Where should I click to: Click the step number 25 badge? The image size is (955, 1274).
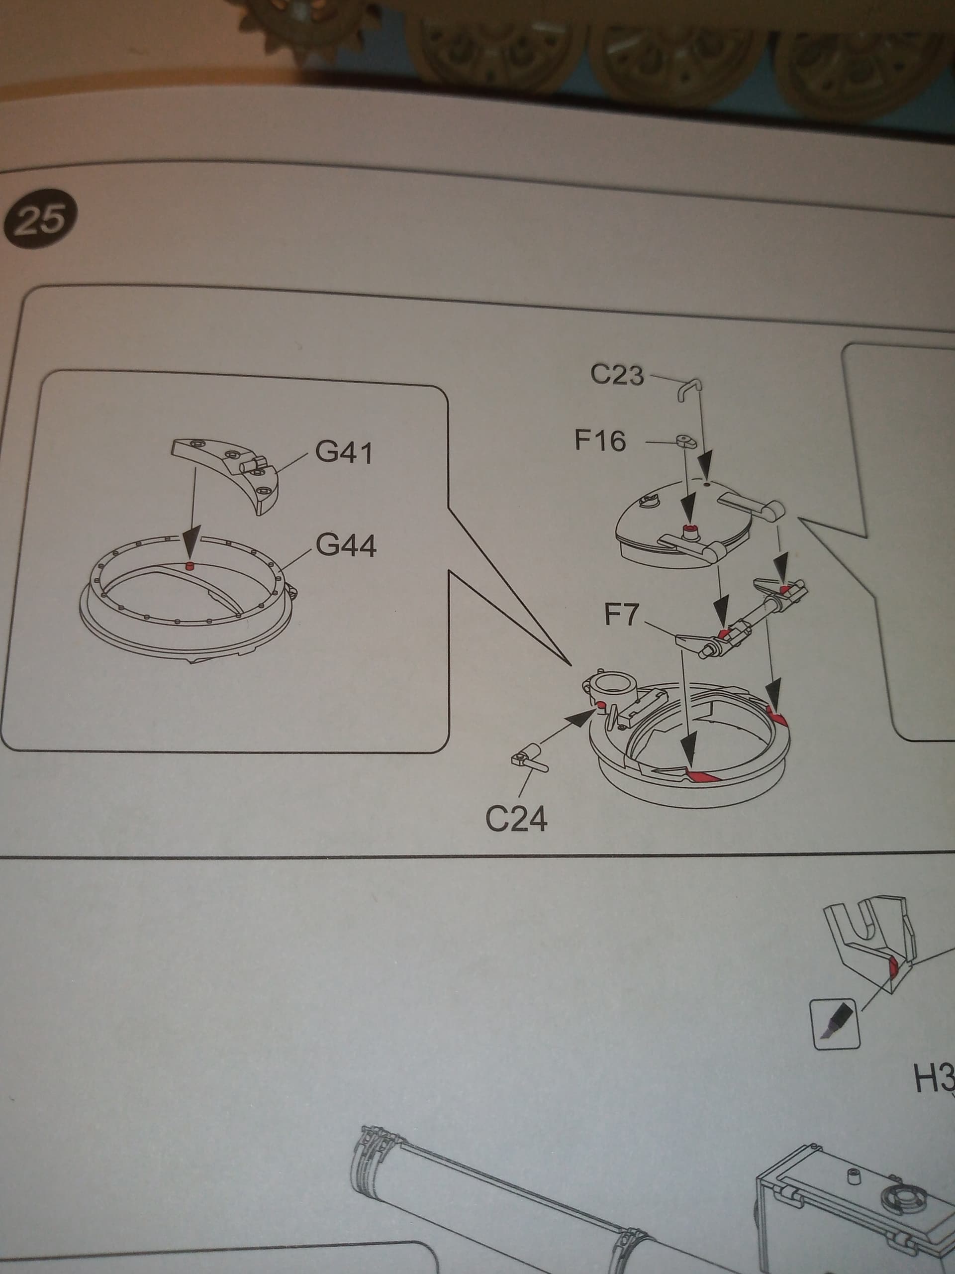point(39,219)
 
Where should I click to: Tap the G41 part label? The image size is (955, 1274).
point(344,453)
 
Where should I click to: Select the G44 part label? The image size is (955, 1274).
point(347,545)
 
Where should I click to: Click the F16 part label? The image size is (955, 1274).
point(600,441)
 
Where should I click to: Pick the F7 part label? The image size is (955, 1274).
point(622,616)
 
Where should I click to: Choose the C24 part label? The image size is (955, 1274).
point(516,819)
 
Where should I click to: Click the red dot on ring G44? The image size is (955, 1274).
point(188,565)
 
